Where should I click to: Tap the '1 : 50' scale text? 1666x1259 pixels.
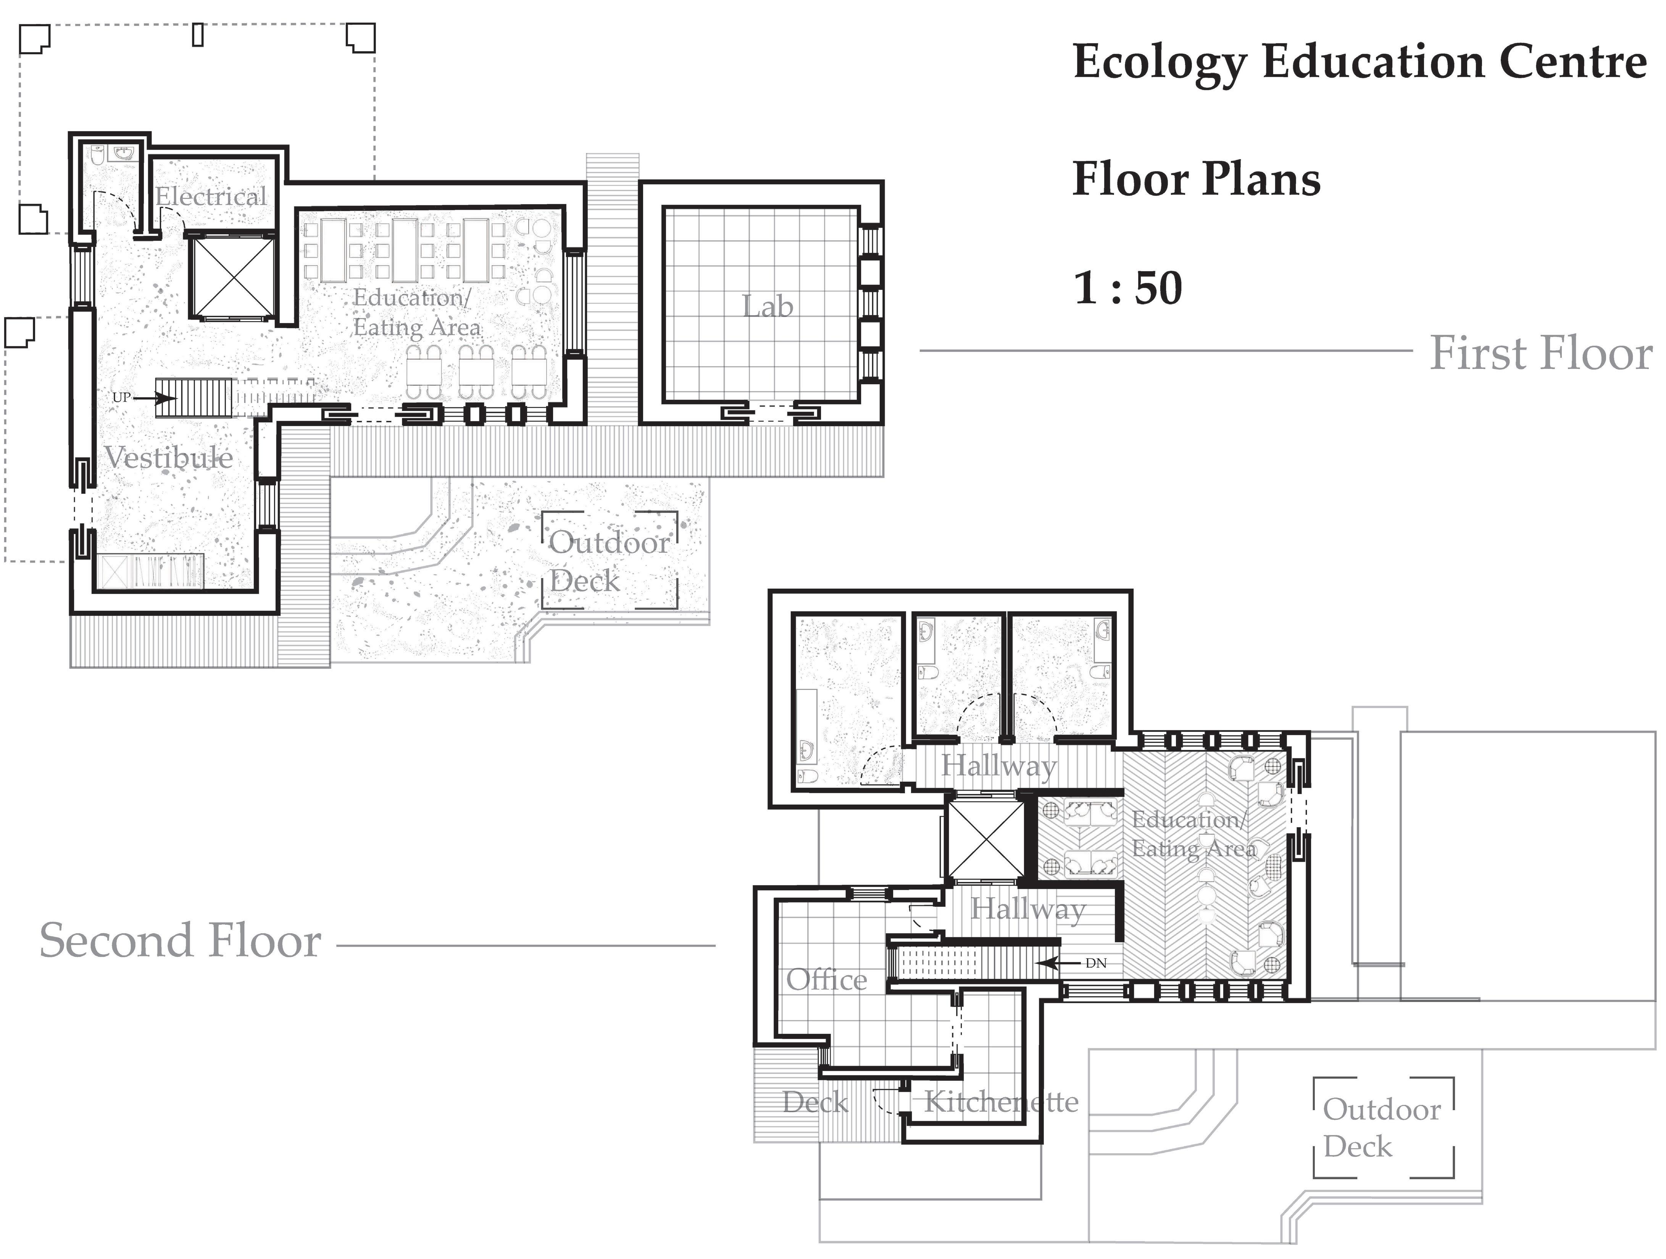[x=1127, y=288]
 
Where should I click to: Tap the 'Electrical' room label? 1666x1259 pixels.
[x=211, y=196]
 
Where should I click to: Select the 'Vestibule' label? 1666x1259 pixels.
[x=169, y=457]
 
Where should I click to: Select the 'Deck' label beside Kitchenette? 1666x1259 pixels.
[x=815, y=1102]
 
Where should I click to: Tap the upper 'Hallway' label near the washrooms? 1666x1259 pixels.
[x=999, y=766]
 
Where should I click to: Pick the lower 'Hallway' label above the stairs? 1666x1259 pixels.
[x=1027, y=909]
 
